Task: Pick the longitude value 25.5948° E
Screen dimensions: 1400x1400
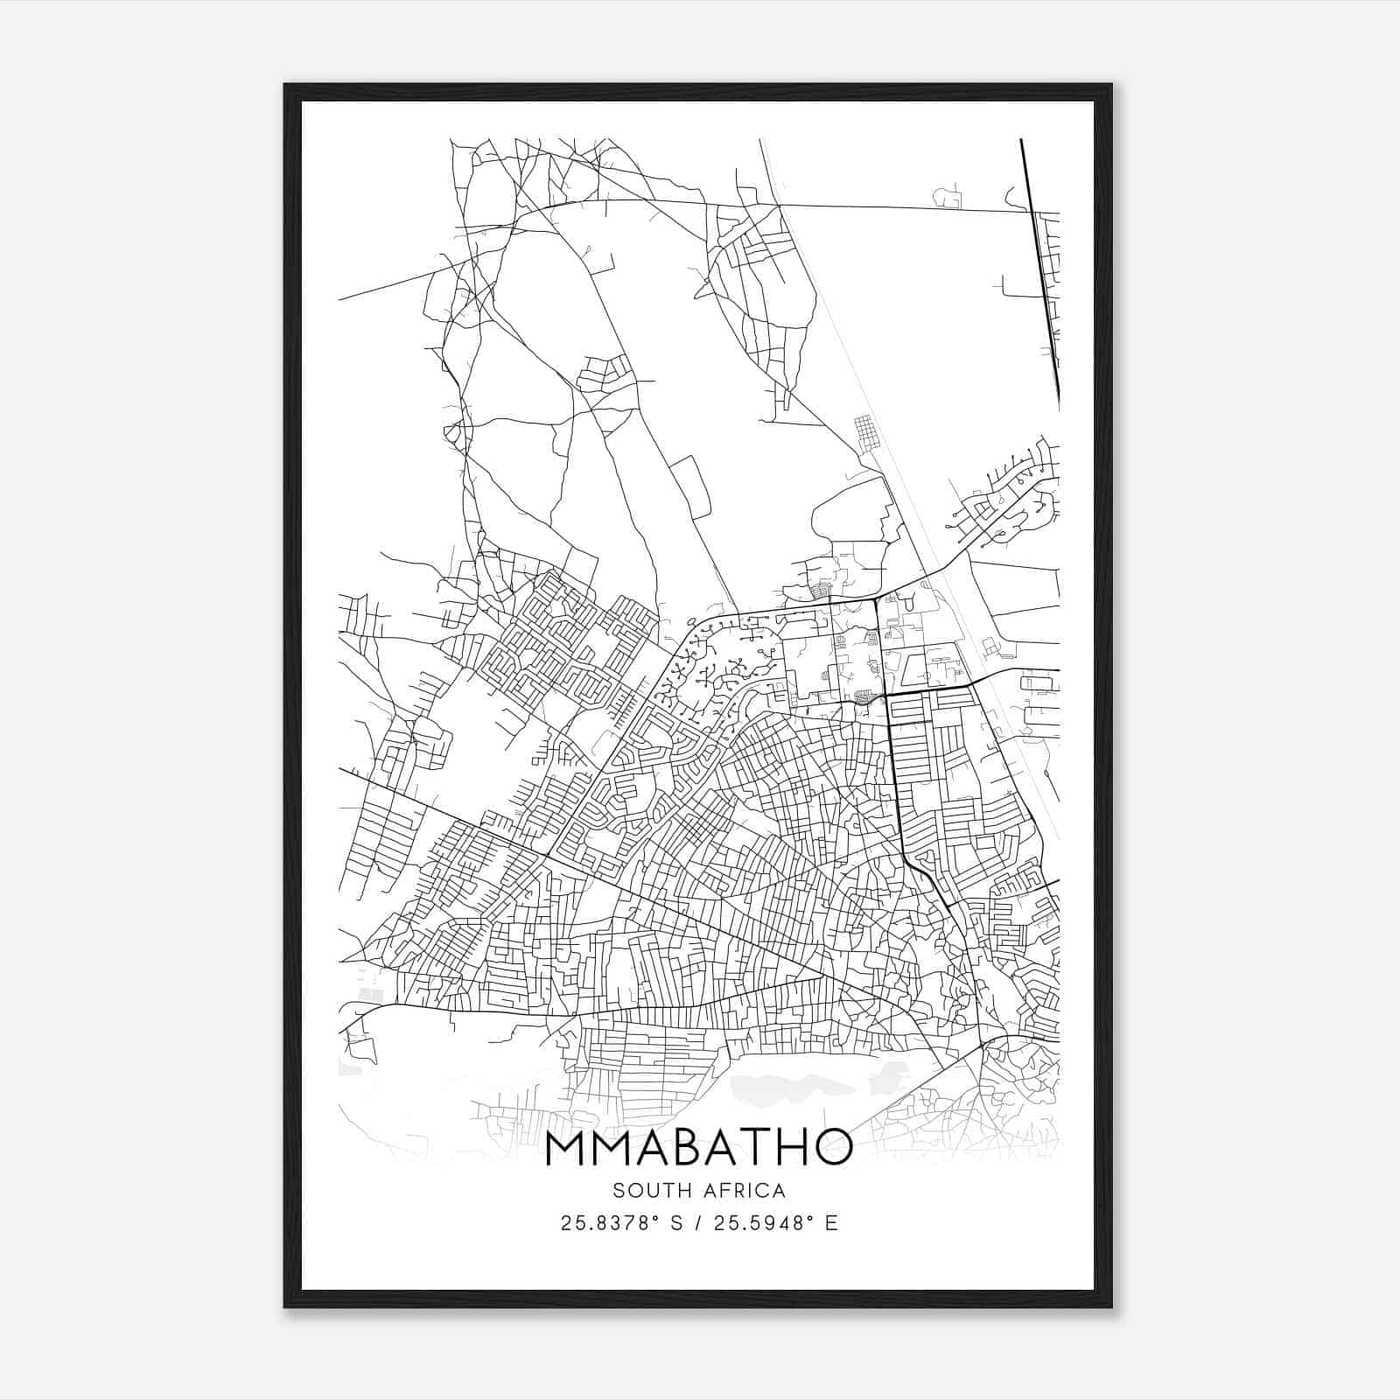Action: pyautogui.click(x=775, y=1223)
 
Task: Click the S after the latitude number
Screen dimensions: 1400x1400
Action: pyautogui.click(x=675, y=1223)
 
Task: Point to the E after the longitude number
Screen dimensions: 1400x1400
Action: pyautogui.click(x=832, y=1223)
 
